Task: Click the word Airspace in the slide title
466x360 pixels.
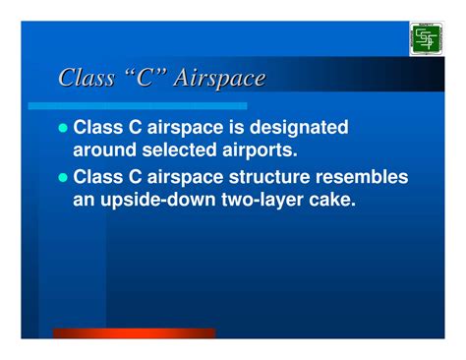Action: [x=218, y=79]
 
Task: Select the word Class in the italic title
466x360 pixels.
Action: [x=87, y=78]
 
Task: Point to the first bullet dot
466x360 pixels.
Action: [x=65, y=129]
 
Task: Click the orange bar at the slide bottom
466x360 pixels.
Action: [x=134, y=333]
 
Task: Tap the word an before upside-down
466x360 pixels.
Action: [x=87, y=201]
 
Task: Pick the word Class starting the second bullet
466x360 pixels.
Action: [x=101, y=178]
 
